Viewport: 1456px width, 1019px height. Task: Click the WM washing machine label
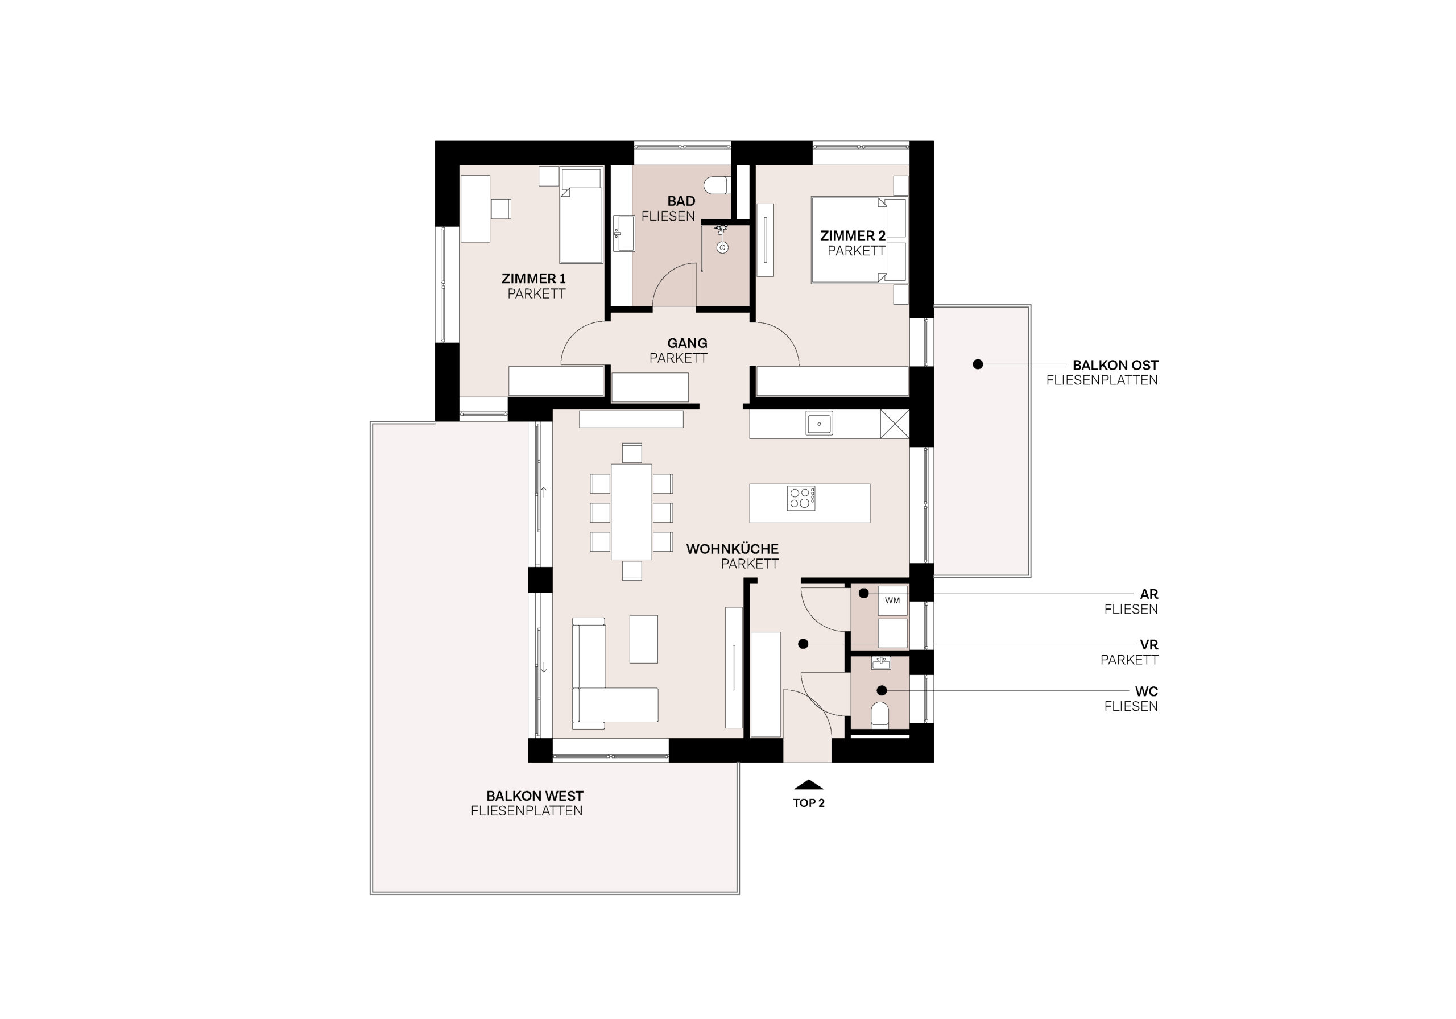tap(892, 600)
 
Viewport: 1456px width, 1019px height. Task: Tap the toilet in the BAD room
tap(721, 185)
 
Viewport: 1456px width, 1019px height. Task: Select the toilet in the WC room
tap(880, 714)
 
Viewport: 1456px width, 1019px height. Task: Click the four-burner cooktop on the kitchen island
tap(801, 498)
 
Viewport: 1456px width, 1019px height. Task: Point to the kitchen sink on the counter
tap(820, 424)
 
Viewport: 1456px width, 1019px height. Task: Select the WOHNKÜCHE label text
tap(733, 549)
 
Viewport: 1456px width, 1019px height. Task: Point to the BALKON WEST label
tap(535, 796)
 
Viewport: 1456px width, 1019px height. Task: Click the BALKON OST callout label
tap(1115, 365)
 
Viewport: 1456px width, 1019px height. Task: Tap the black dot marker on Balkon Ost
tap(978, 364)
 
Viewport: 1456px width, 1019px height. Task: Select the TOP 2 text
tap(809, 803)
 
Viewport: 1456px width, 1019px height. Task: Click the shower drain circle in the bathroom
tap(722, 248)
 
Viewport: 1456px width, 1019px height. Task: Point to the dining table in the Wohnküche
tap(632, 512)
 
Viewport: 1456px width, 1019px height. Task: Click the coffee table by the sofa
tap(644, 639)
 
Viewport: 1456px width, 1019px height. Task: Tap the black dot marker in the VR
tap(803, 644)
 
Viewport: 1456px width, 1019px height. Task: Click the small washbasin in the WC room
tap(880, 663)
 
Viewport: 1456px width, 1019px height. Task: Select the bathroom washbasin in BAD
tap(623, 233)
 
